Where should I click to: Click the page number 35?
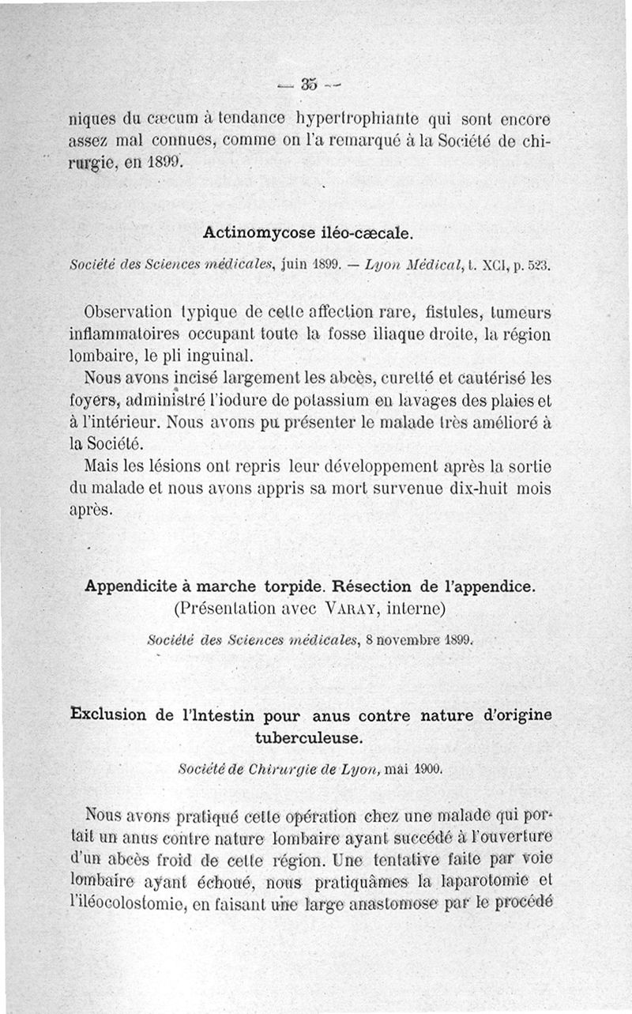pos(308,84)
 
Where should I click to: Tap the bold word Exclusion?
pos(109,715)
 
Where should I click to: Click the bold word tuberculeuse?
pos(308,737)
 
